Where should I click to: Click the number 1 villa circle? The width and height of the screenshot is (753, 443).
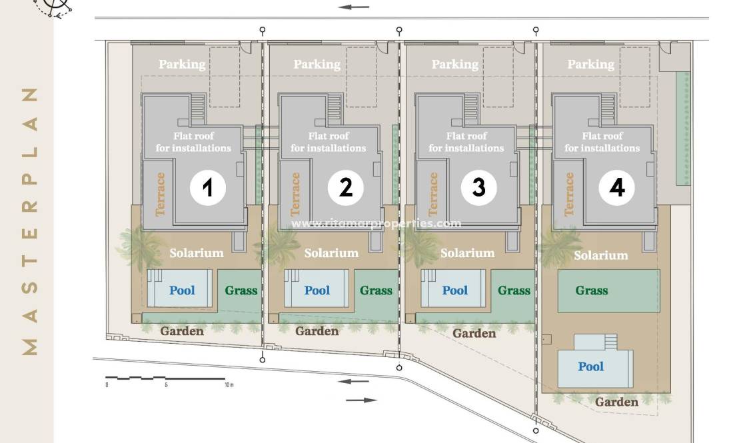point(207,188)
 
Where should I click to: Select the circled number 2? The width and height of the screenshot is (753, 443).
point(345,188)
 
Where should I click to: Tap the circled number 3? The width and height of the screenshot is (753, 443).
point(479,188)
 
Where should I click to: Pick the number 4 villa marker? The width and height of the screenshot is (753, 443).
point(616,188)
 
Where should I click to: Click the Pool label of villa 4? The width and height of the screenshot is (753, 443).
point(590,366)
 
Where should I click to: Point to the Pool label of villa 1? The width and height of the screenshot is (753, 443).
point(182,290)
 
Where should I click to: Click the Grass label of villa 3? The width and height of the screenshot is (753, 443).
point(514,290)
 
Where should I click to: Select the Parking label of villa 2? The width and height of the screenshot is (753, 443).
point(317,65)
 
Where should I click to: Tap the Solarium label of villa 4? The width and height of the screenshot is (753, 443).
point(601,255)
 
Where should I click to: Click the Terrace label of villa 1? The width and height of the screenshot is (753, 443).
point(161,195)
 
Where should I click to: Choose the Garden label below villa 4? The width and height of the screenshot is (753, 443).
point(616,402)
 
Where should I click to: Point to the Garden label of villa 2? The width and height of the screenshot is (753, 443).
point(317,331)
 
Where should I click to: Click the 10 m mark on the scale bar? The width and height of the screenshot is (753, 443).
point(229,385)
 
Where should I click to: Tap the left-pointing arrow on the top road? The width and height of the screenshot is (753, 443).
point(353,7)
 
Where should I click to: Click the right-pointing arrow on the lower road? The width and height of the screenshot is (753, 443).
point(361,400)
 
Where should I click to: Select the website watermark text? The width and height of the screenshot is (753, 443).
point(376,223)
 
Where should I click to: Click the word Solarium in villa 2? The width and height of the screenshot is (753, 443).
point(331,253)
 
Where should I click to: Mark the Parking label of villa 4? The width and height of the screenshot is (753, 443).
point(590,65)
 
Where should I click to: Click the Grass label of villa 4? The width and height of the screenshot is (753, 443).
point(592,290)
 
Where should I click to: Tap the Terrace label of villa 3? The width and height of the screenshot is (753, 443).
point(433,195)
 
